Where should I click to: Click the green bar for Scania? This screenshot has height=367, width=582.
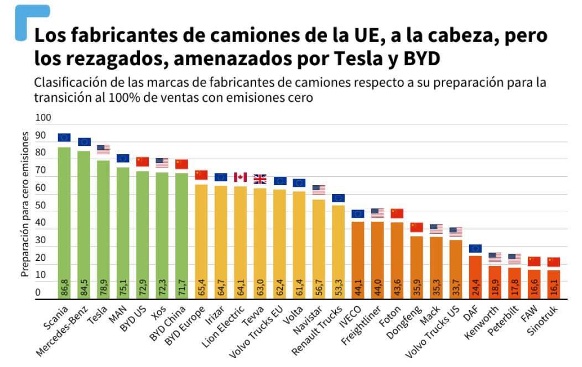pyautogui.click(x=64, y=221)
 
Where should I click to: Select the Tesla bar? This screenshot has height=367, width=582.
pyautogui.click(x=103, y=227)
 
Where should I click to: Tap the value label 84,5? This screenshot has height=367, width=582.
pyautogui.click(x=84, y=287)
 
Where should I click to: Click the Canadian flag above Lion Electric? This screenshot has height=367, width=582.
pyautogui.click(x=240, y=177)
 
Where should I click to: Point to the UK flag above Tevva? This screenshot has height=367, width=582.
pyautogui.click(x=260, y=179)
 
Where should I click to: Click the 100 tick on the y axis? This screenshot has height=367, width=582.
pyautogui.click(x=43, y=118)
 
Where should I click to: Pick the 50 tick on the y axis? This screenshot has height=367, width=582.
pyautogui.click(x=41, y=206)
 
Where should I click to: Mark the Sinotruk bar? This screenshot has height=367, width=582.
pyautogui.click(x=553, y=284)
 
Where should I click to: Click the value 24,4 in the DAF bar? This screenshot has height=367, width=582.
pyautogui.click(x=475, y=287)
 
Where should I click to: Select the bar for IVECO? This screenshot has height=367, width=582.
pyautogui.click(x=358, y=260)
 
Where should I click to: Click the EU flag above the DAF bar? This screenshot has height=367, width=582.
pyautogui.click(x=475, y=248)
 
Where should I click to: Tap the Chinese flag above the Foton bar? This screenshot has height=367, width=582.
pyautogui.click(x=397, y=213)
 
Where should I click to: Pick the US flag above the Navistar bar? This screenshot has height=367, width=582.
pyautogui.click(x=319, y=189)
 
